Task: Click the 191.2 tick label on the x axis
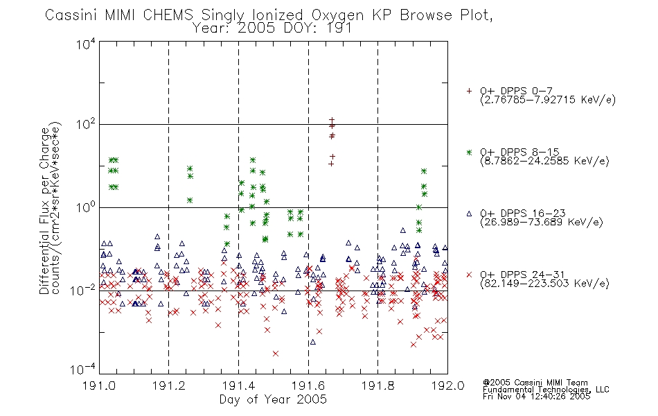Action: click(169, 385)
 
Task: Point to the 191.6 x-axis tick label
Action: click(308, 385)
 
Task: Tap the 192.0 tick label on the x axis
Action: click(447, 385)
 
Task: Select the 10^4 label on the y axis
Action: click(86, 44)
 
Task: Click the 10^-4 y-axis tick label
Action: click(84, 370)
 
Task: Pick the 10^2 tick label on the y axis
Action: click(86, 124)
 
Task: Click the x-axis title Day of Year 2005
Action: click(273, 399)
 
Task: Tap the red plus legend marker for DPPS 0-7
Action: click(469, 91)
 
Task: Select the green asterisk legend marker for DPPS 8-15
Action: click(469, 152)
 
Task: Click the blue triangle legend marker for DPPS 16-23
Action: click(469, 214)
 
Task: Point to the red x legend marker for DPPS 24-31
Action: click(469, 275)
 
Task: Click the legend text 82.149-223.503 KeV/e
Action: click(544, 284)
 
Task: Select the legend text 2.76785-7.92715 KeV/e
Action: click(548, 100)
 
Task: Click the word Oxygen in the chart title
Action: click(337, 15)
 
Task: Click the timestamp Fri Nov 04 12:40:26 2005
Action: click(536, 397)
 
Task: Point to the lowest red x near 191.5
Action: click(275, 354)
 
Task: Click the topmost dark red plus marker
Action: click(332, 120)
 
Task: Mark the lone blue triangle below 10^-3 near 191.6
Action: click(312, 343)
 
